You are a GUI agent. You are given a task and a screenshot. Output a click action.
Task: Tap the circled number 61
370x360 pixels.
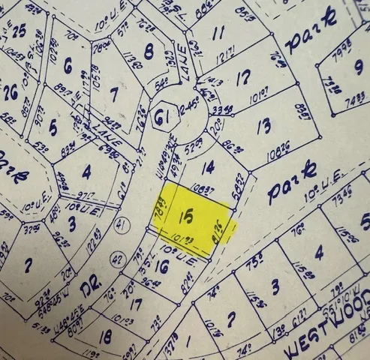[159, 116]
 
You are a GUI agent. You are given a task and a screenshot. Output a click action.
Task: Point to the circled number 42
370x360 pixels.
[117, 259]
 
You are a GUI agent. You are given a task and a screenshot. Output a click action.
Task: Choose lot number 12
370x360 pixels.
[242, 77]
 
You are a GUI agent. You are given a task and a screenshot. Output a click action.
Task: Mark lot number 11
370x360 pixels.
[218, 33]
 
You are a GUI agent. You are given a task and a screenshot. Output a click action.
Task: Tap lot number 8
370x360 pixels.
[149, 51]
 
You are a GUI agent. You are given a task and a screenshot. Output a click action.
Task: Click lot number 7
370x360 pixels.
[114, 94]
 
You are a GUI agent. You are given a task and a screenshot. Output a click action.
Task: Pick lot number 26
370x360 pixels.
[11, 93]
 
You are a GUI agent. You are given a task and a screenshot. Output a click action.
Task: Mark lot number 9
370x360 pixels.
[358, 66]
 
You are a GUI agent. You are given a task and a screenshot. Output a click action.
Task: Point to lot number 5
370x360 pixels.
[53, 127]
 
